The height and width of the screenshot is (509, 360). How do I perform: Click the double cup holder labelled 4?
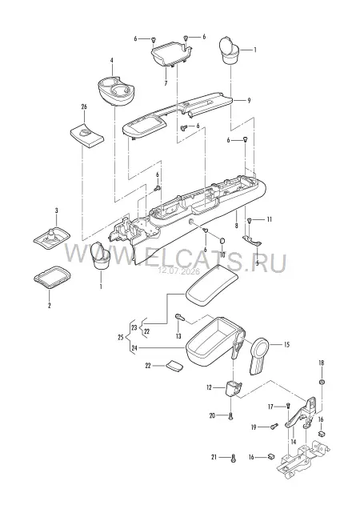click(x=116, y=90)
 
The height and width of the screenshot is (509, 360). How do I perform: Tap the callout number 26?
click(x=84, y=106)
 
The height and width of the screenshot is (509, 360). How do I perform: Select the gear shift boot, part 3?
click(x=52, y=239)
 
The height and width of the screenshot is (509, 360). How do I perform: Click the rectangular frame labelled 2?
click(x=52, y=277)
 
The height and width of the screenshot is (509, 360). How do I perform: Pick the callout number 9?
click(x=249, y=100)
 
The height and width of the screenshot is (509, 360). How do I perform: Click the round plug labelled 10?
click(x=222, y=241)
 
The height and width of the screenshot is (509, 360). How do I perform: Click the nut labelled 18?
click(x=322, y=382)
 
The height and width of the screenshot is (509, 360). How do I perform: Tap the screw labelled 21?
click(x=234, y=458)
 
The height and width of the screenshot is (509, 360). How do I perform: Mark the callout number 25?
click(x=121, y=338)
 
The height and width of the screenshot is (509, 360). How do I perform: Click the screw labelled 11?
click(x=250, y=220)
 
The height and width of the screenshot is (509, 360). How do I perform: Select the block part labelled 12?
click(x=234, y=388)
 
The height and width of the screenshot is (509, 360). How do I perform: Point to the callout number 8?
click(x=236, y=225)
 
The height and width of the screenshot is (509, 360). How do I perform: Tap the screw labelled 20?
click(x=230, y=416)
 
